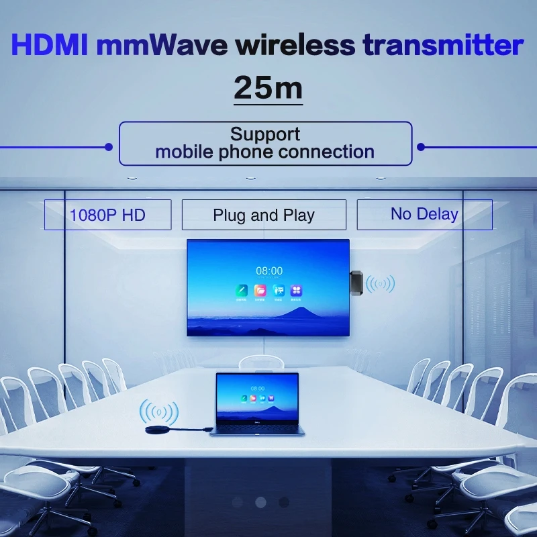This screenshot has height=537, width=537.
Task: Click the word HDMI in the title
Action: (50, 46)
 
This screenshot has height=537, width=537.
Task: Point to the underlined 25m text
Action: (268, 88)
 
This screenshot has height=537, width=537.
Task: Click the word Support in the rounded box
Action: (265, 134)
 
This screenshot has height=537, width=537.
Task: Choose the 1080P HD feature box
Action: (107, 215)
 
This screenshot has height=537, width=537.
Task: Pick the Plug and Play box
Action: (264, 215)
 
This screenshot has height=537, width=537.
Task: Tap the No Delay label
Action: (424, 214)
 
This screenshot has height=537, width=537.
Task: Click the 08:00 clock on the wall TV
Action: (268, 271)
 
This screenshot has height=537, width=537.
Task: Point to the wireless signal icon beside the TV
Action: (381, 284)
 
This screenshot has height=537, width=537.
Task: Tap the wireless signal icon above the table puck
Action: (158, 411)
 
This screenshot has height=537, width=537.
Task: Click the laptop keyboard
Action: (257, 427)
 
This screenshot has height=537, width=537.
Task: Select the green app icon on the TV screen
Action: (241, 291)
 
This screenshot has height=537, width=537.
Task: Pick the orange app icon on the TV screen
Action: (260, 291)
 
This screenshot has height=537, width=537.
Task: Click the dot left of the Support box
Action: (108, 146)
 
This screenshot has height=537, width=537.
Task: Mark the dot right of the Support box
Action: (421, 146)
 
